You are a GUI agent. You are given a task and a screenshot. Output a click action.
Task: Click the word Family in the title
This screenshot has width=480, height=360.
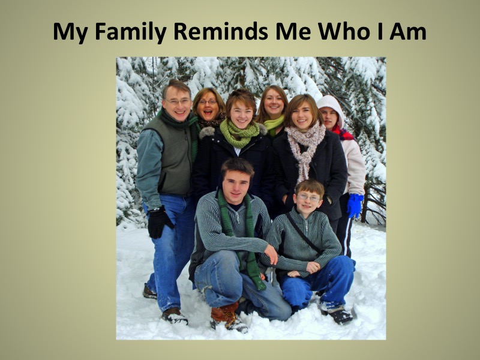(131, 32)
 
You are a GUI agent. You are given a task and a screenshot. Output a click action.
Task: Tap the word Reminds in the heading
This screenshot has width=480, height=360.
(220, 31)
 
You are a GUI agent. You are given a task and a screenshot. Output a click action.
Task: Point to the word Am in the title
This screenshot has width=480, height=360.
(408, 32)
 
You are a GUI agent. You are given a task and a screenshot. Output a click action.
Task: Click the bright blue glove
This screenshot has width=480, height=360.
(355, 205)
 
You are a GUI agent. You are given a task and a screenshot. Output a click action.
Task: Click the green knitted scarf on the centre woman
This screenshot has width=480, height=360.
(239, 133)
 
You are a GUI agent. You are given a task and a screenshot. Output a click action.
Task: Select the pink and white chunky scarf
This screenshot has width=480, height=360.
(305, 149)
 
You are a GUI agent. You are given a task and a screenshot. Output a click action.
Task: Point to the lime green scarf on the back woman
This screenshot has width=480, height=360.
(273, 124)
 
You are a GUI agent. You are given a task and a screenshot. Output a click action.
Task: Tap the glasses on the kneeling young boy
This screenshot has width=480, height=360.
(308, 198)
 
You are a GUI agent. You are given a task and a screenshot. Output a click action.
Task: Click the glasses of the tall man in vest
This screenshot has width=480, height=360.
(177, 101)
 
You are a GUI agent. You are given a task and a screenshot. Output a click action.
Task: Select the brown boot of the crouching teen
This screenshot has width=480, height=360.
(225, 316)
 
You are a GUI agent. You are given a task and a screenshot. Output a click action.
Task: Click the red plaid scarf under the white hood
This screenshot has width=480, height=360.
(343, 133)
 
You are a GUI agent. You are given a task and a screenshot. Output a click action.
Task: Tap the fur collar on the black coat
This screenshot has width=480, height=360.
(208, 132)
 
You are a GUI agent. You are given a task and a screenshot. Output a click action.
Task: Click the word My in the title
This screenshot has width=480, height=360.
(71, 32)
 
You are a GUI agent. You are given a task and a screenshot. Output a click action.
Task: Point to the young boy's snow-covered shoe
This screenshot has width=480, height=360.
(337, 312)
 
